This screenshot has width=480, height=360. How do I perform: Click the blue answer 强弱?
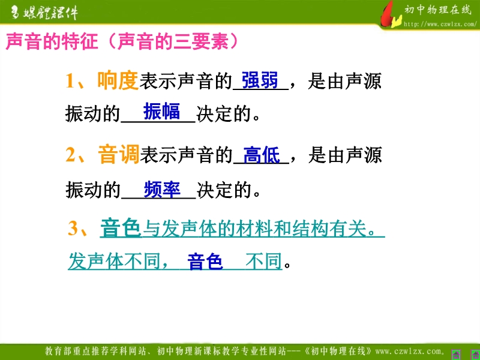point(260,80)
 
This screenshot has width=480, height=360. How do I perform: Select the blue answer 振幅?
point(161,111)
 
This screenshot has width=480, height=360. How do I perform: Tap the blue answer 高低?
point(262,155)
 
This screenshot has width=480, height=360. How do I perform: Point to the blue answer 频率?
point(162,190)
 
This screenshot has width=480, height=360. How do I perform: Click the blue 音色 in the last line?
point(205,261)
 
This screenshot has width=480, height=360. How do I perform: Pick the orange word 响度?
point(118,80)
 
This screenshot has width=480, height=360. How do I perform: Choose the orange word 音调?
point(119,155)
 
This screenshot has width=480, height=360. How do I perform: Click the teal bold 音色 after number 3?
point(121,229)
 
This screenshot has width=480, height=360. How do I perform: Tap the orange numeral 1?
point(70,82)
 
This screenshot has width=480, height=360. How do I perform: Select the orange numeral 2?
point(71,155)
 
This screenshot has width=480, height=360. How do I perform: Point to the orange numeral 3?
point(73,229)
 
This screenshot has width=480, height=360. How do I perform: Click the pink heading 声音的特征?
point(52,41)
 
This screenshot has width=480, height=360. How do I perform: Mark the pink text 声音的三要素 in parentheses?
point(173,41)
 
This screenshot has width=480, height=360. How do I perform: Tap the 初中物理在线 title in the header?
point(438,10)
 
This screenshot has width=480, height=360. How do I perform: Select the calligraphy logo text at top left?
point(44,13)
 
